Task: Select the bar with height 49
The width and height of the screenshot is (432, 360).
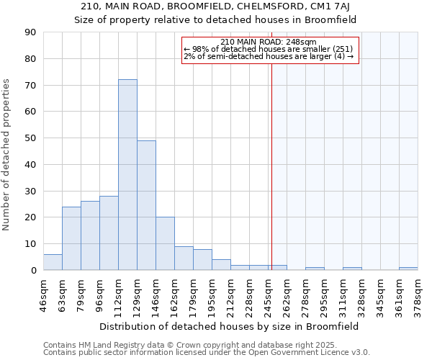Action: pyautogui.click(x=146, y=205)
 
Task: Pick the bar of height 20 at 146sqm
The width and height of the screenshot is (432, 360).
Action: pyautogui.click(x=165, y=243)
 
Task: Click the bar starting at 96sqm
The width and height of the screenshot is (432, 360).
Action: pyautogui.click(x=109, y=233)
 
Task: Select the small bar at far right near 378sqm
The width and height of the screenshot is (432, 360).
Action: pyautogui.click(x=408, y=269)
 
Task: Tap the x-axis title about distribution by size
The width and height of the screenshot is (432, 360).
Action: pyautogui.click(x=230, y=326)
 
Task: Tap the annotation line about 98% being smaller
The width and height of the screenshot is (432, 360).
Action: pyautogui.click(x=269, y=49)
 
